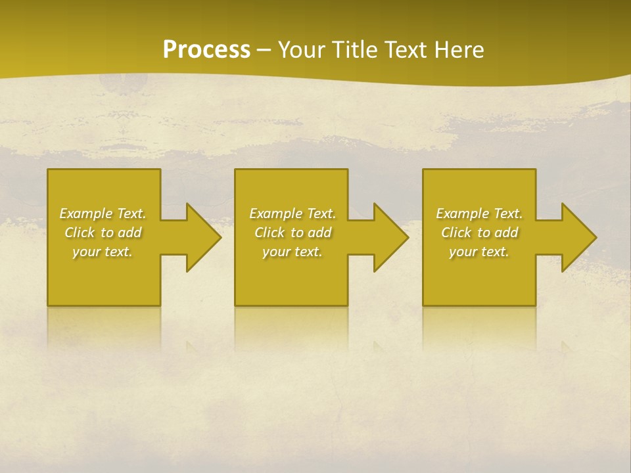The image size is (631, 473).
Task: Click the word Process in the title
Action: pos(206,50)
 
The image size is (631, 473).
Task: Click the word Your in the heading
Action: pos(302,50)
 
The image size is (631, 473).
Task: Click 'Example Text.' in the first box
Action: pos(103,214)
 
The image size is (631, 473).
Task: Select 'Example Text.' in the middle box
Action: pos(292,214)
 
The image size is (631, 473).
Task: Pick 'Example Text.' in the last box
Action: pos(479,214)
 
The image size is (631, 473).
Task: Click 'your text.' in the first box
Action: pos(103,252)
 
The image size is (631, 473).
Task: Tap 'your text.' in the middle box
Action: pos(292,252)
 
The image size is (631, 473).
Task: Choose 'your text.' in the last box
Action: pos(479,252)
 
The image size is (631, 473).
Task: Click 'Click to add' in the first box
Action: pos(103,233)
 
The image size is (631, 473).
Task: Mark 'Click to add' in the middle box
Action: pos(292,233)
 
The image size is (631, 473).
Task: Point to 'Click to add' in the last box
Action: pos(479,233)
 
